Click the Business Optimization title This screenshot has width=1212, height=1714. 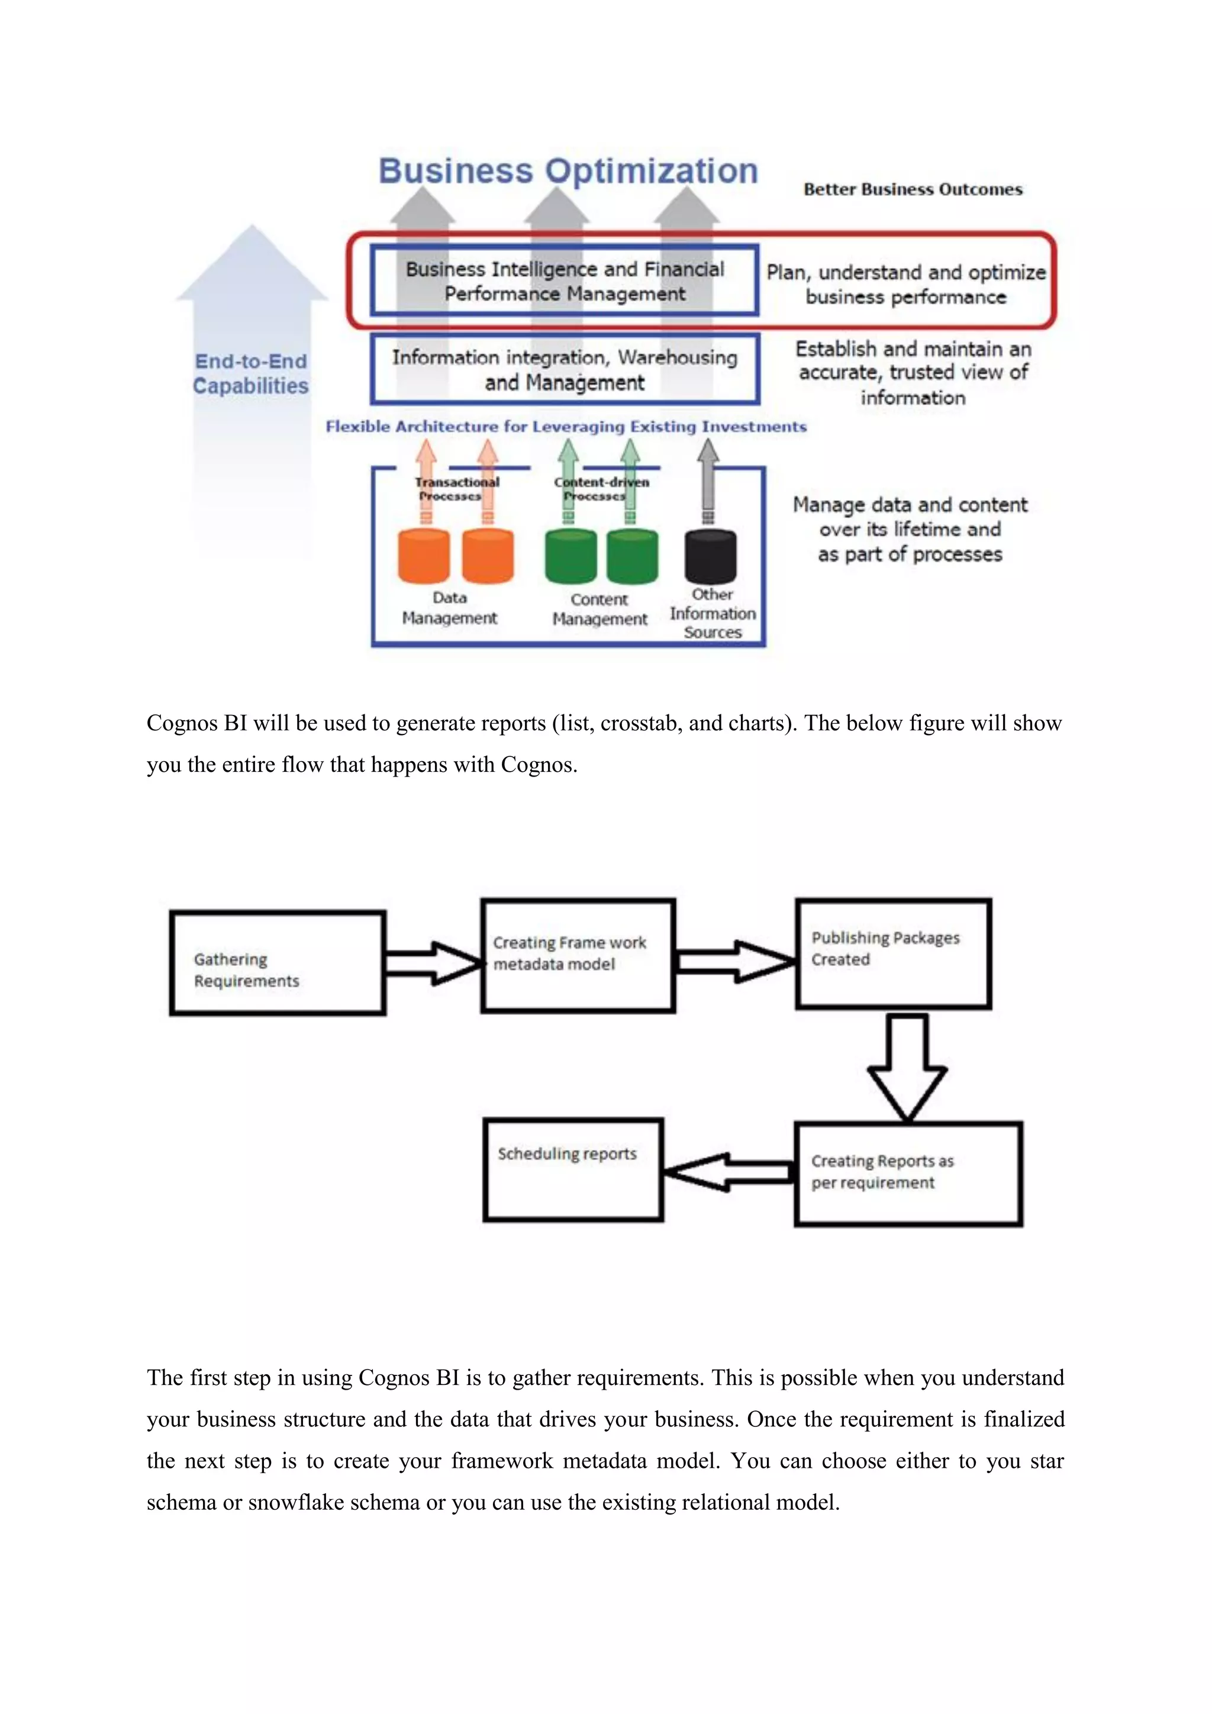click(x=568, y=171)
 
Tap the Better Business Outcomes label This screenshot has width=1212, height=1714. click(x=912, y=189)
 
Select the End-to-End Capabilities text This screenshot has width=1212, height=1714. click(x=251, y=373)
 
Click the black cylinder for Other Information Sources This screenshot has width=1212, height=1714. click(x=710, y=556)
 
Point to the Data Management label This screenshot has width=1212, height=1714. click(x=449, y=608)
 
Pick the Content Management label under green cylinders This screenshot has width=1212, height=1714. click(x=599, y=609)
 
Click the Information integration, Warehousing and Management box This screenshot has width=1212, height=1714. click(x=565, y=369)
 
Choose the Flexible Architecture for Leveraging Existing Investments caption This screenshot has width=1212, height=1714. click(x=566, y=426)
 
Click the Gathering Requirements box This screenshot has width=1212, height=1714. click(x=278, y=962)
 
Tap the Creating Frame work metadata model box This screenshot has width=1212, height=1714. click(x=578, y=955)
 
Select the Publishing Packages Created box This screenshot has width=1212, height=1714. click(x=894, y=953)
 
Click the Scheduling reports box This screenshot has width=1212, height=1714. click(x=572, y=1169)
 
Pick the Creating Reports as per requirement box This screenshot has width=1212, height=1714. click(x=907, y=1174)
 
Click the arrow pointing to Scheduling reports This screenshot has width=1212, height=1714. click(x=728, y=1172)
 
